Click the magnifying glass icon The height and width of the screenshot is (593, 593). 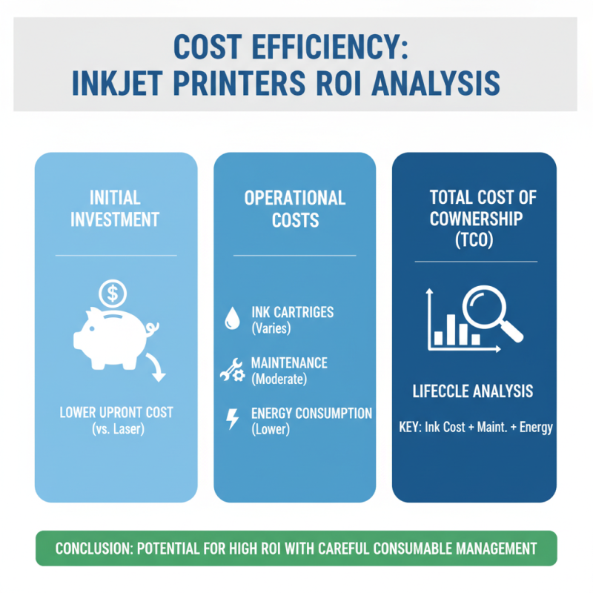coord(490,311)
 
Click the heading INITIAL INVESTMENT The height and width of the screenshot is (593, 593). coord(115,209)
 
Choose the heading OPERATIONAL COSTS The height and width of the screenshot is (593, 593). coord(295,209)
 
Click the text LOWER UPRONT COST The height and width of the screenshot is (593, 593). coord(116,413)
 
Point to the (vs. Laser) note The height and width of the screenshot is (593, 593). coord(116,428)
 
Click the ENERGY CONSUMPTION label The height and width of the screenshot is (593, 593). coord(311,414)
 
